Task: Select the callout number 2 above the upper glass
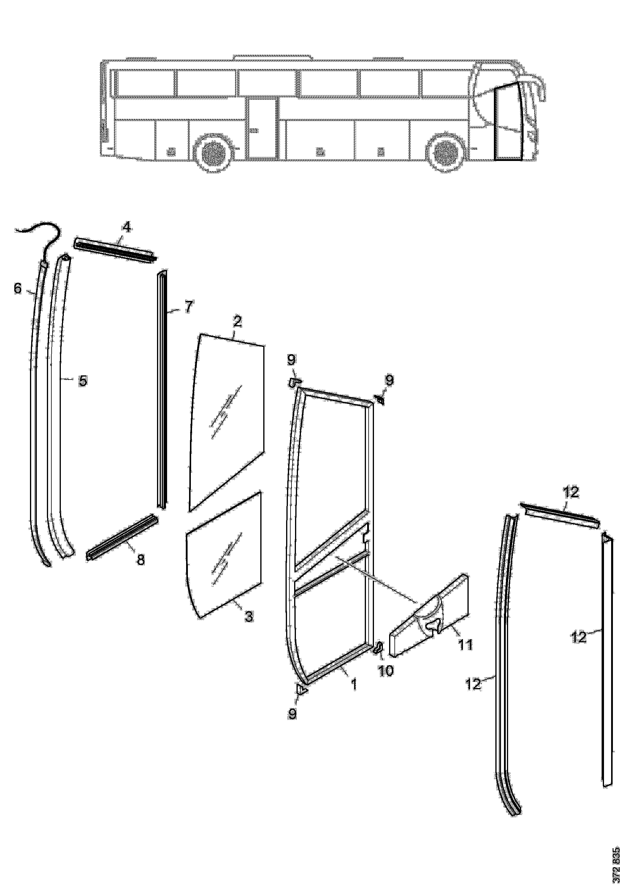tap(237, 322)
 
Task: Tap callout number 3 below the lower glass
tap(249, 616)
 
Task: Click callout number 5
tap(83, 380)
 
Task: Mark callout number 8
tap(140, 560)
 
